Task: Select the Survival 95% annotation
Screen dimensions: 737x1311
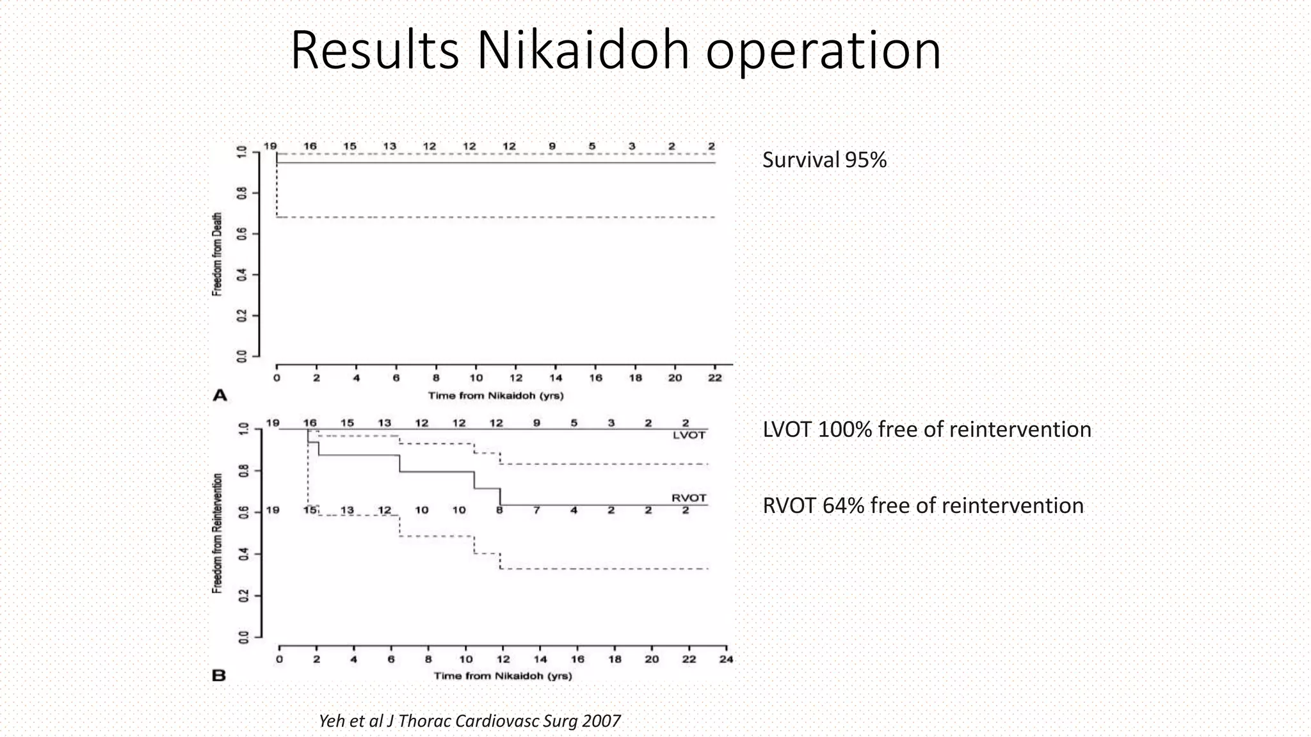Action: tap(824, 160)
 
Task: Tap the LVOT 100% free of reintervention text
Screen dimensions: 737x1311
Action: tap(926, 429)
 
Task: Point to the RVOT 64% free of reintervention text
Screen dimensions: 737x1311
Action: tap(922, 505)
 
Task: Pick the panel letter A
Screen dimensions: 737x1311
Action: tap(220, 395)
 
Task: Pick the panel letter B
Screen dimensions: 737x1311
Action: tap(219, 676)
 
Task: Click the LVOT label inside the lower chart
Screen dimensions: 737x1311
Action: tap(689, 435)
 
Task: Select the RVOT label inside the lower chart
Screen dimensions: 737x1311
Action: tap(689, 498)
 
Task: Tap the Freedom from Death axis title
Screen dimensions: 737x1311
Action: tap(217, 254)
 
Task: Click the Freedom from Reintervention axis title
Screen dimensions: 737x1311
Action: tap(218, 533)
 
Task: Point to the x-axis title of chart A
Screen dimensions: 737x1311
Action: tap(495, 395)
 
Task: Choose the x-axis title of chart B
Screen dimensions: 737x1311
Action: tap(503, 676)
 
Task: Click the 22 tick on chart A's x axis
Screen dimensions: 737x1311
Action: tap(715, 377)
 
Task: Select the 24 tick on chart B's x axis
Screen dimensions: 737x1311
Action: tap(726, 659)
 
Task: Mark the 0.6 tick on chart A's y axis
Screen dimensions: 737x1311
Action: tap(242, 234)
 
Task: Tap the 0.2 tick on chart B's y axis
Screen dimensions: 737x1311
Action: tap(243, 596)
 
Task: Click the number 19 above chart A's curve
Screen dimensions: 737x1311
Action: tap(270, 146)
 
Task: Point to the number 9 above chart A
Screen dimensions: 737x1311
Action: tap(552, 146)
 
